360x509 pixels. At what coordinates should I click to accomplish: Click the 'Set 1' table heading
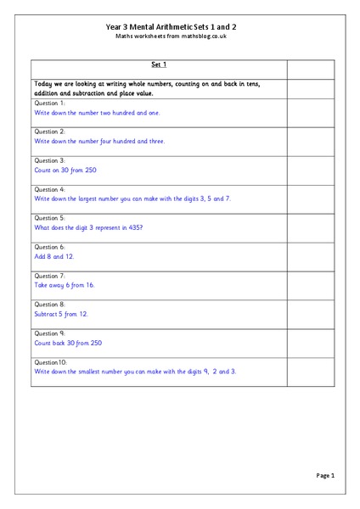159,64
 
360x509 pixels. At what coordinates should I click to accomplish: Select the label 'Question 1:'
49,103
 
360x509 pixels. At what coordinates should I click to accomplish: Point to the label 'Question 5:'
49,218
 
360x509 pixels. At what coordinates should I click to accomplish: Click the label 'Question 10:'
51,362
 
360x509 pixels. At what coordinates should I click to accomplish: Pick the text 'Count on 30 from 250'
65,170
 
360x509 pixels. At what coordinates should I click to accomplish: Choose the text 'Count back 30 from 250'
69,343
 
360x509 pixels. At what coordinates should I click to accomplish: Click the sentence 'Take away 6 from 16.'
65,285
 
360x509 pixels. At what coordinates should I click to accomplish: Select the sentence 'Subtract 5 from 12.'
61,314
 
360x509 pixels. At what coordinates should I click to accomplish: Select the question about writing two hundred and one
96,112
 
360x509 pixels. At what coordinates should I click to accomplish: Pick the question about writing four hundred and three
99,141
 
